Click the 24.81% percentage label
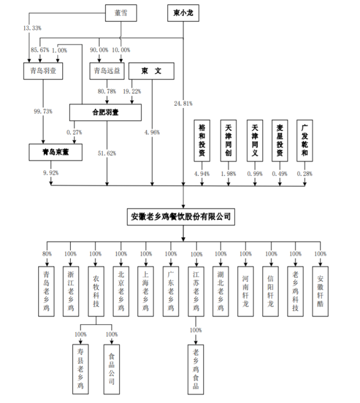click(x=184, y=103)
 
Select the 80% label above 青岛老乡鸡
click(x=47, y=253)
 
